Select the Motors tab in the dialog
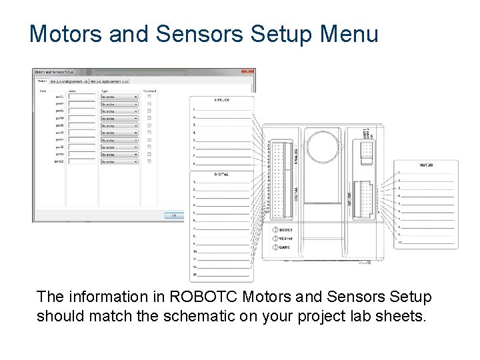pyautogui.click(x=41, y=81)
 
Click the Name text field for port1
pyautogui.click(x=82, y=97)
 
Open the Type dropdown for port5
pyautogui.click(x=119, y=125)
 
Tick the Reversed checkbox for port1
pyautogui.click(x=149, y=97)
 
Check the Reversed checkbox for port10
pyautogui.click(x=149, y=161)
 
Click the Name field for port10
pyautogui.click(x=82, y=161)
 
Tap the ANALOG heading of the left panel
pyautogui.click(x=222, y=100)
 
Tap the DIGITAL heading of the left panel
pyautogui.click(x=222, y=173)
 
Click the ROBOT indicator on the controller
pyautogui.click(x=285, y=230)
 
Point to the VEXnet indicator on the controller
pyautogui.click(x=286, y=239)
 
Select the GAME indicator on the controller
pyautogui.click(x=284, y=247)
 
